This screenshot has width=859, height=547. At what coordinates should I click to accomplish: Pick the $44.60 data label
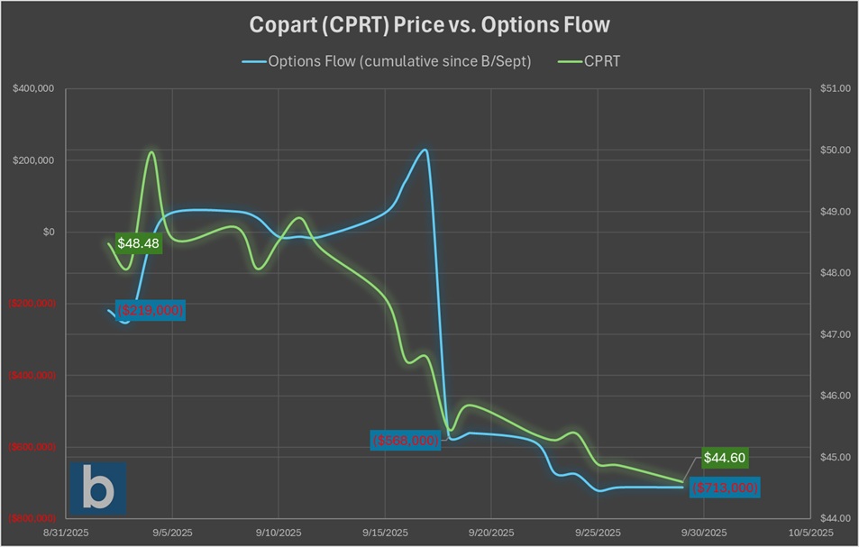[x=724, y=458]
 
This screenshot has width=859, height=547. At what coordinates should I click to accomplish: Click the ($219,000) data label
[x=151, y=310]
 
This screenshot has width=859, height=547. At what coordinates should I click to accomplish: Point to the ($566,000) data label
[x=406, y=441]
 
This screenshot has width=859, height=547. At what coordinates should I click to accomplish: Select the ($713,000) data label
[x=726, y=488]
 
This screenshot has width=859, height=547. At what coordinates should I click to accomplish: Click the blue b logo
[x=97, y=488]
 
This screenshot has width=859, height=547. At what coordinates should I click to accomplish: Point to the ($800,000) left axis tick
[x=33, y=518]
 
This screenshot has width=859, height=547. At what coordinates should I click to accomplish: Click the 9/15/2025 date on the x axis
[x=385, y=533]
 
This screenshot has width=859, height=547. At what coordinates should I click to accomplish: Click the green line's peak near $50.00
[x=151, y=152]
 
